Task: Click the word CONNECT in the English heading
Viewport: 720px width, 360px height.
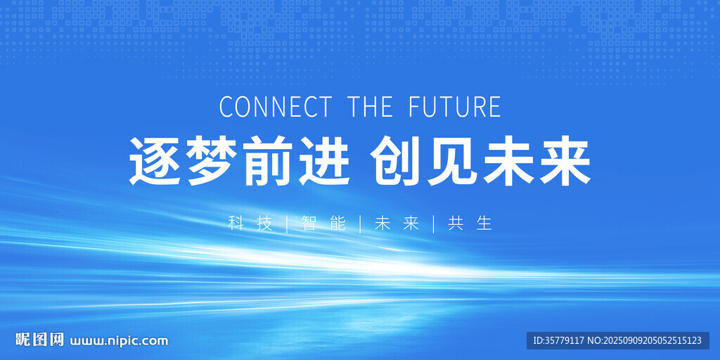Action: tap(275, 107)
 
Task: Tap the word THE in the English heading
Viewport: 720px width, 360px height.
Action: tap(370, 107)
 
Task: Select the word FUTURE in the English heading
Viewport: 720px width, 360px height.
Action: tap(454, 107)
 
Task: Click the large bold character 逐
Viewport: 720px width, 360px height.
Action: tap(155, 162)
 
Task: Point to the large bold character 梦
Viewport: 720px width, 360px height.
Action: tap(212, 162)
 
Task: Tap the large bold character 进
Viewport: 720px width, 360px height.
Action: tap(323, 162)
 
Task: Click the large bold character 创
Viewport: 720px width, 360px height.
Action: tap(398, 162)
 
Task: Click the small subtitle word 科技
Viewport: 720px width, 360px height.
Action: tap(250, 224)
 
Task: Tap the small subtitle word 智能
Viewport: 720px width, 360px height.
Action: tap(323, 224)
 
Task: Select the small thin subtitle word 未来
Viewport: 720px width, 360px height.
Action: tap(397, 224)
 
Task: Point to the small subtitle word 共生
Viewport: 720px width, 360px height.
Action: tap(470, 224)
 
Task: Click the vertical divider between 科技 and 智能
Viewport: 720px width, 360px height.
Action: tap(287, 224)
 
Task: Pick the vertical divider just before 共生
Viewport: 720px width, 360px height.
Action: tap(433, 224)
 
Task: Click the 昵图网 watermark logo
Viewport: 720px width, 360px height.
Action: tap(34, 340)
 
